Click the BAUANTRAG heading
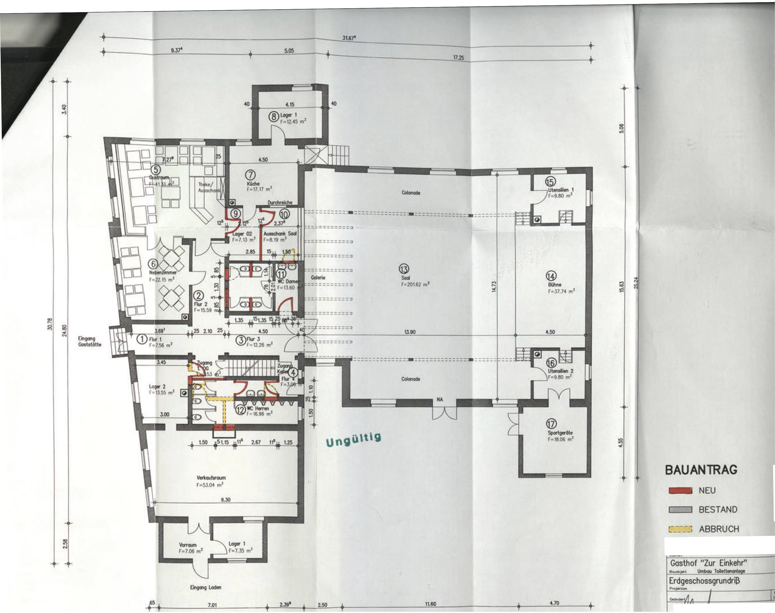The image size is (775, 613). click(701, 470)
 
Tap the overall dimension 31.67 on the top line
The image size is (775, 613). click(349, 38)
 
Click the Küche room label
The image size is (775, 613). click(253, 183)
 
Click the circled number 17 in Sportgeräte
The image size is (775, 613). click(551, 424)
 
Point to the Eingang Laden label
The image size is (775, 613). click(205, 587)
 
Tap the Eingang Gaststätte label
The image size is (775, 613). click(90, 341)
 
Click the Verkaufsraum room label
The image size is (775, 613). click(211, 478)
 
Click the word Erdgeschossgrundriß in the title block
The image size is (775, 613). click(704, 580)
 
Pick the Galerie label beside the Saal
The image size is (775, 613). click(318, 277)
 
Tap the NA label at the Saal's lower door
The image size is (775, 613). click(440, 400)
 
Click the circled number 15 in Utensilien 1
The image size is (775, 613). click(550, 182)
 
